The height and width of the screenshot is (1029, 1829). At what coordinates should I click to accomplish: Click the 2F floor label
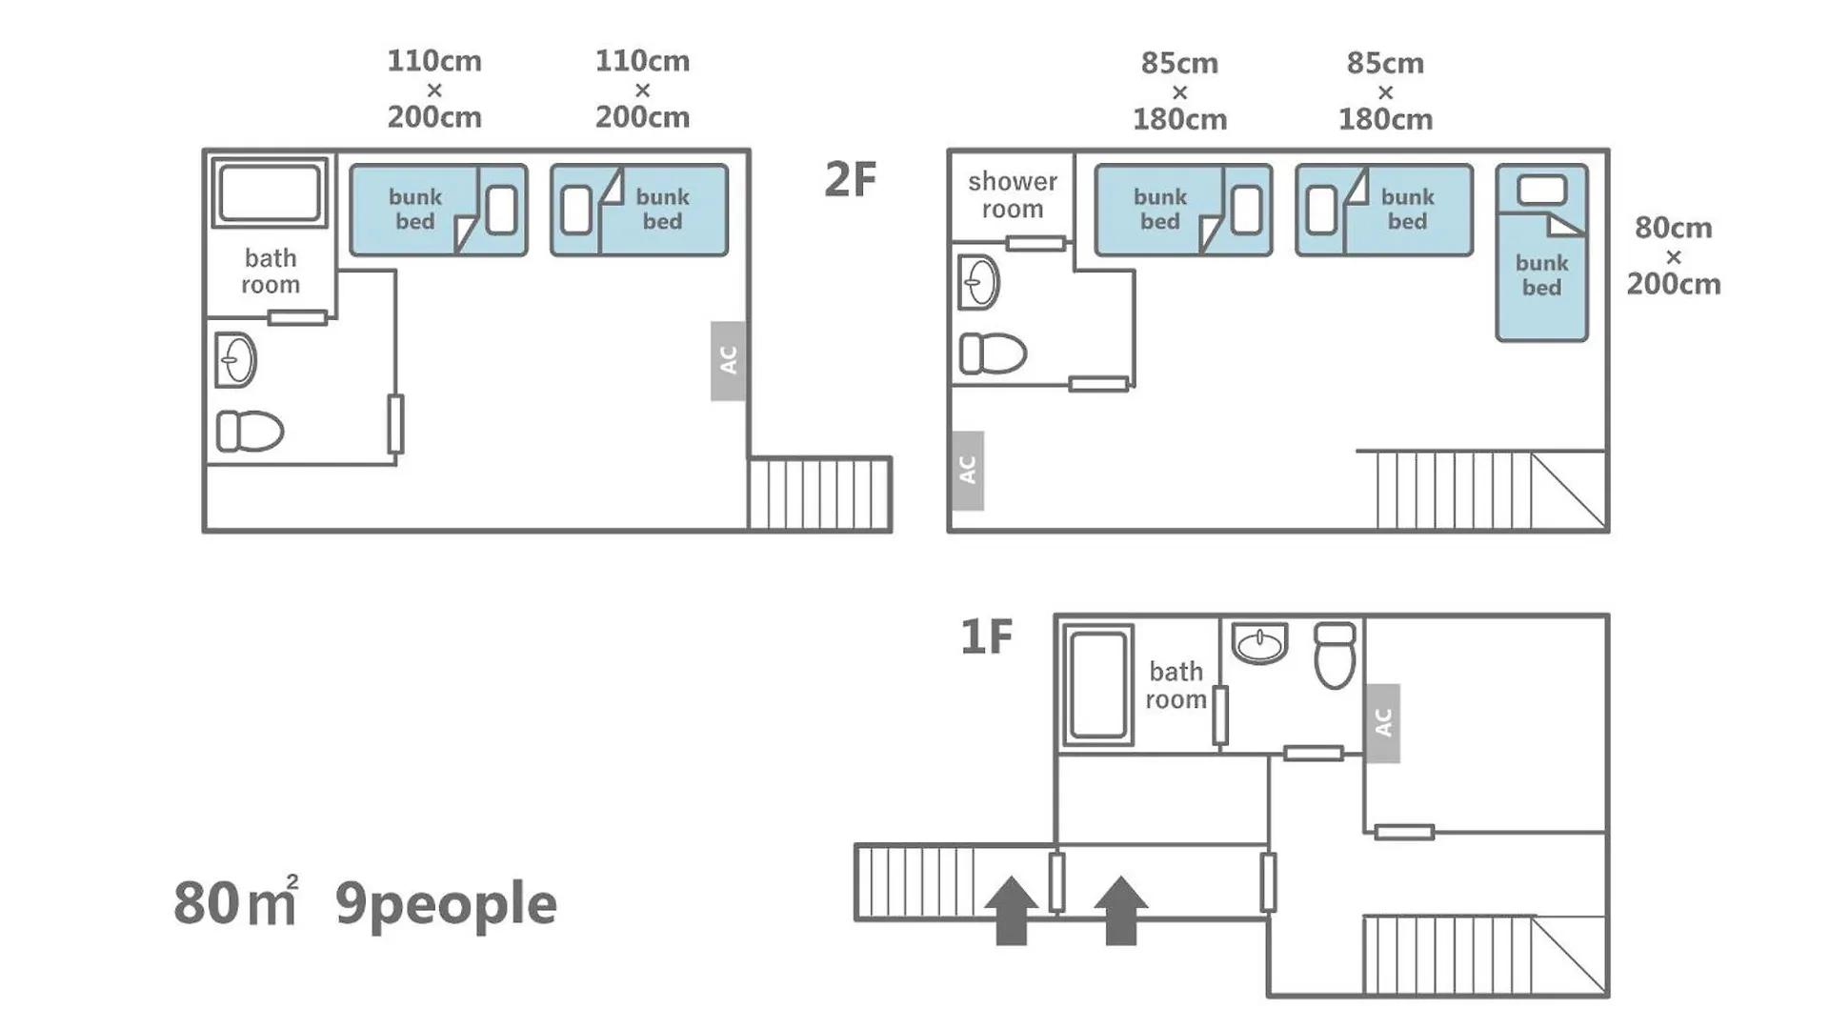[850, 179]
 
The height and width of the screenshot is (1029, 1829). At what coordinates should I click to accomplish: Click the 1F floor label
[986, 636]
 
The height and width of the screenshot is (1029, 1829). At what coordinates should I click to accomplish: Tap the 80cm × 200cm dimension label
[1674, 255]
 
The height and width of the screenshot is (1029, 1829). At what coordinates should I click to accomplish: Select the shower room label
[1013, 194]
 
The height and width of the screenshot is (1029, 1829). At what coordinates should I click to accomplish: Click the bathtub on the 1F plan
[1098, 684]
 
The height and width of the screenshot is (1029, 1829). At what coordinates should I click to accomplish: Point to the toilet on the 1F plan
[1335, 655]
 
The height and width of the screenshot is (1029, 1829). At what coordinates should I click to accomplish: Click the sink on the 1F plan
[1259, 643]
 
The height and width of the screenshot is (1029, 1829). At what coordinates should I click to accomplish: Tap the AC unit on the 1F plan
[1383, 723]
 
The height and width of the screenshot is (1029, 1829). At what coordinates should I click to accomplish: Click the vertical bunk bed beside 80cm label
[1541, 252]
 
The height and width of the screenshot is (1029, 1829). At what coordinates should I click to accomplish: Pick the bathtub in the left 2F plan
[270, 192]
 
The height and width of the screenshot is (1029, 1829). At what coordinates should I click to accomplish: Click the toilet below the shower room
[993, 353]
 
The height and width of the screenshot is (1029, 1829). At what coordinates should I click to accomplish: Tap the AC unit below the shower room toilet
[968, 471]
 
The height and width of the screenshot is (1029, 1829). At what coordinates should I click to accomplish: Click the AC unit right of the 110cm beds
[728, 361]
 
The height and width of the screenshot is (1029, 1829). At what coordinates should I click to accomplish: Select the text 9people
[446, 904]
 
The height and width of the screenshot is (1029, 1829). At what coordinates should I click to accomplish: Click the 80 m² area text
[235, 900]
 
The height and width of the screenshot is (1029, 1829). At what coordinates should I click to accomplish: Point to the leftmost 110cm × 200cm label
[434, 89]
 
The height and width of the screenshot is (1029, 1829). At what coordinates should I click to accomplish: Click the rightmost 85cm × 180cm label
[1385, 91]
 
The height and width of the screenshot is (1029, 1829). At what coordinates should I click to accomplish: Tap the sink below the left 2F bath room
[235, 360]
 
